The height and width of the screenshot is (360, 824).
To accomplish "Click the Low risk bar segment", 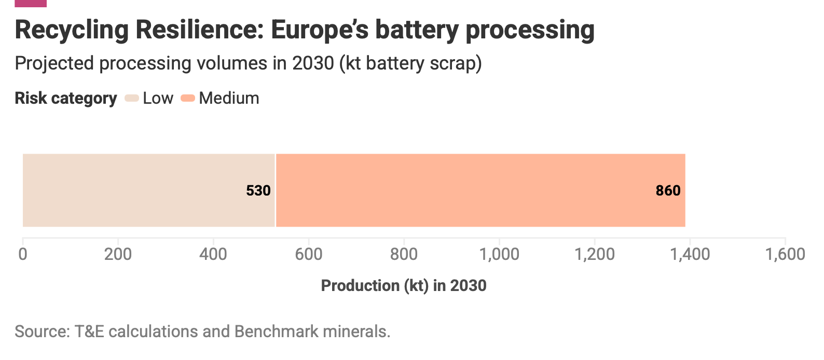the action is (149, 190).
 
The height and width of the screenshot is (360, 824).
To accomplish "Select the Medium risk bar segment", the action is (480, 190).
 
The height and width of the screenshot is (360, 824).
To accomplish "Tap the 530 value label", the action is (258, 190).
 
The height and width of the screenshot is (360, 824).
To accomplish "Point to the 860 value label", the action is (668, 190).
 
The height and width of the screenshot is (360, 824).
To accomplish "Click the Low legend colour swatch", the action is (132, 98).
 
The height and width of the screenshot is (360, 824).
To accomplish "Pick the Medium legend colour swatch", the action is (188, 98).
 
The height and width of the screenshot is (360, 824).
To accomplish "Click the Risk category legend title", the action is (66, 99).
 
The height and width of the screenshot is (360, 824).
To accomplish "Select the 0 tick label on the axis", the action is (23, 254).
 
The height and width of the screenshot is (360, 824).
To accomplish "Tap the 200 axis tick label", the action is (118, 254).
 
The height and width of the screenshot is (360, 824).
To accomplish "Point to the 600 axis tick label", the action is (309, 254).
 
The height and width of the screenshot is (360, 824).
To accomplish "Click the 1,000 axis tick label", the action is (499, 255).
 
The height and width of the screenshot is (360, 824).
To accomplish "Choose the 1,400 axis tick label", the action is (690, 255).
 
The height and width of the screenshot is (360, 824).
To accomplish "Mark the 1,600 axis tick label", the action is (785, 255).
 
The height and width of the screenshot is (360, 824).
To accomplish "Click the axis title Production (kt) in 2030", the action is (404, 286).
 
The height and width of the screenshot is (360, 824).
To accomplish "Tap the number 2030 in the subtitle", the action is (313, 63).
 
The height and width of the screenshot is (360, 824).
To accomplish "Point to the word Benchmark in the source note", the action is (276, 331).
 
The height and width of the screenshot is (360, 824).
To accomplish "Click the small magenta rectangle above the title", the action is (31, 3).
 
